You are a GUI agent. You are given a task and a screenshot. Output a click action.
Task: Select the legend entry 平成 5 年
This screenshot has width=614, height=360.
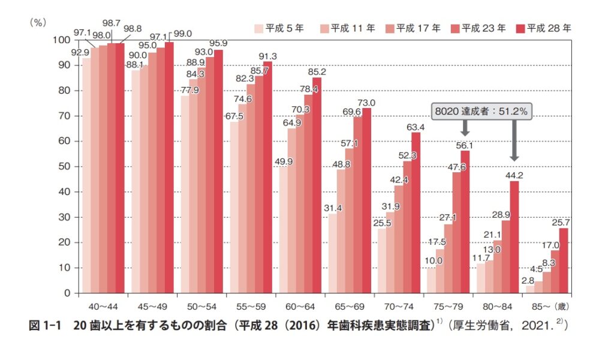[277, 28]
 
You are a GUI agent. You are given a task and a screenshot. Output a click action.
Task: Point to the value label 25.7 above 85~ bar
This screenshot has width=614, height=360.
[564, 222]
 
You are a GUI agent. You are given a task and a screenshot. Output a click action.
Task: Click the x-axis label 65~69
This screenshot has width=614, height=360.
[348, 305]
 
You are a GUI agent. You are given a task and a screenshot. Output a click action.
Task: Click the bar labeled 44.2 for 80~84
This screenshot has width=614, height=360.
[514, 237]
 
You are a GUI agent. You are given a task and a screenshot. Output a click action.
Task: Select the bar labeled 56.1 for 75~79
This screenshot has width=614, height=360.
[465, 222]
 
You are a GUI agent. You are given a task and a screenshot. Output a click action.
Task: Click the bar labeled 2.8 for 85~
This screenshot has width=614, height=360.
[529, 289]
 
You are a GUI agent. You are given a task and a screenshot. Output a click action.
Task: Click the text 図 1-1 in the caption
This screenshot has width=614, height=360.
[47, 326]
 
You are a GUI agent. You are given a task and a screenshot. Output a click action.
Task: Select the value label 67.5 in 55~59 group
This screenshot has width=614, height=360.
[234, 116]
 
